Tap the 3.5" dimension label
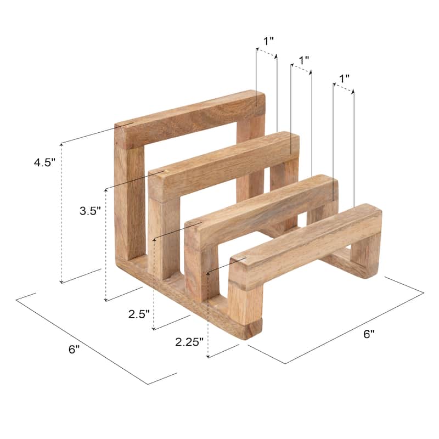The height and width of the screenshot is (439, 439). (90, 211)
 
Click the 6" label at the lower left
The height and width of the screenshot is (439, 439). (75, 350)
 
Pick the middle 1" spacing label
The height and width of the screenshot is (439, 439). (303, 59)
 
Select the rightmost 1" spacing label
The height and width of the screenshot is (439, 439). (345, 78)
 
